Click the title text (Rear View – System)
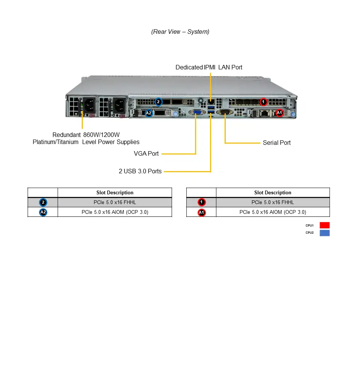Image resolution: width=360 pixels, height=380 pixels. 180,32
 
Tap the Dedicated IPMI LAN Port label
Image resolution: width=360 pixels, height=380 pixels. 209,68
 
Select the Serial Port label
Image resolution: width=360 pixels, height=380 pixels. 276,143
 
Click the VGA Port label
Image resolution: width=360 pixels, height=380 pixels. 146,154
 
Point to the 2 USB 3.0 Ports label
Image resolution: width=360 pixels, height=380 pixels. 140,171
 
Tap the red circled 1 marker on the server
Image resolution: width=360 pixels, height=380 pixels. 263,102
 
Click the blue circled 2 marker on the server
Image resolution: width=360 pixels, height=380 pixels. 158,102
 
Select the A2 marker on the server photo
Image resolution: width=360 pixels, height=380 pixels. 148,113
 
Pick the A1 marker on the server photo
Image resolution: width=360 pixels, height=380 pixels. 279,113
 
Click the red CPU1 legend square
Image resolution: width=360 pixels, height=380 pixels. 324,225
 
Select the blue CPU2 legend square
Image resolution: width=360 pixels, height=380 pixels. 324,233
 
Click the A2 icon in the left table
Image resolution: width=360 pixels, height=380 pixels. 43,212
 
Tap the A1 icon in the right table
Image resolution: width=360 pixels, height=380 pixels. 202,212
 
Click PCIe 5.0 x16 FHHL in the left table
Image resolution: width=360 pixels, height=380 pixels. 115,203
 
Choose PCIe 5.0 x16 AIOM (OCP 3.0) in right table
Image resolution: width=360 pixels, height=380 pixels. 273,212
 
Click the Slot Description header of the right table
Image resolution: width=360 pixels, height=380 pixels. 273,193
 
